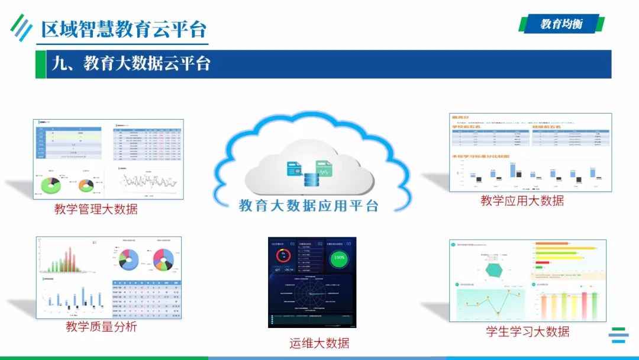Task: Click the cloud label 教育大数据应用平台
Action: [x=308, y=205]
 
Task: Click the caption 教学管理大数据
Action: [x=96, y=208]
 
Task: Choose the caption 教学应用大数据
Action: [x=522, y=201]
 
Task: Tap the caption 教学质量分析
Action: [x=101, y=326]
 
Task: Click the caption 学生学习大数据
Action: [x=528, y=331]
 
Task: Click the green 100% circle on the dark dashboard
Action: [x=340, y=258]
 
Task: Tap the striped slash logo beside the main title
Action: [x=22, y=27]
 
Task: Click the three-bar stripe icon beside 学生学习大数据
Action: [x=619, y=335]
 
